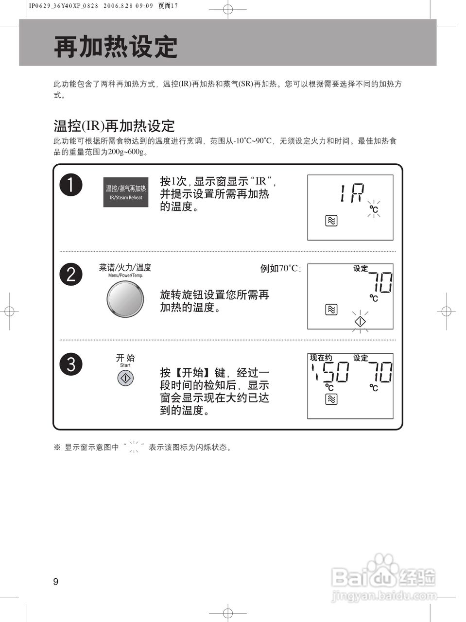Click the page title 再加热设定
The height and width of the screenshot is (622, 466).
[116, 47]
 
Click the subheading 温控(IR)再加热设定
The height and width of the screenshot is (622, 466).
[114, 126]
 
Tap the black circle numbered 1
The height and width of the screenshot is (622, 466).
[71, 186]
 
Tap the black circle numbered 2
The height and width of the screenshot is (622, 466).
[71, 275]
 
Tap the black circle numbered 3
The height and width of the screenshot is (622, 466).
[71, 364]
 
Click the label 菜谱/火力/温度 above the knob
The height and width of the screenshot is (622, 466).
[125, 267]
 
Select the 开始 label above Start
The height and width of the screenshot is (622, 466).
[125, 358]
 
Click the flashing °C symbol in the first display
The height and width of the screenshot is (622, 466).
[373, 209]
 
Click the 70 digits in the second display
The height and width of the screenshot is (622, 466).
[380, 282]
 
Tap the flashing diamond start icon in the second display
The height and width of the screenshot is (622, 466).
[360, 321]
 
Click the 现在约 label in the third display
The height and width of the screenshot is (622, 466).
[321, 358]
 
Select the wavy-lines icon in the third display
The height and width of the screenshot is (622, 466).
[331, 399]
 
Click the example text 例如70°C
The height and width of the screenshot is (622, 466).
[280, 269]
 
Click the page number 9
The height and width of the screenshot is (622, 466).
[56, 582]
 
